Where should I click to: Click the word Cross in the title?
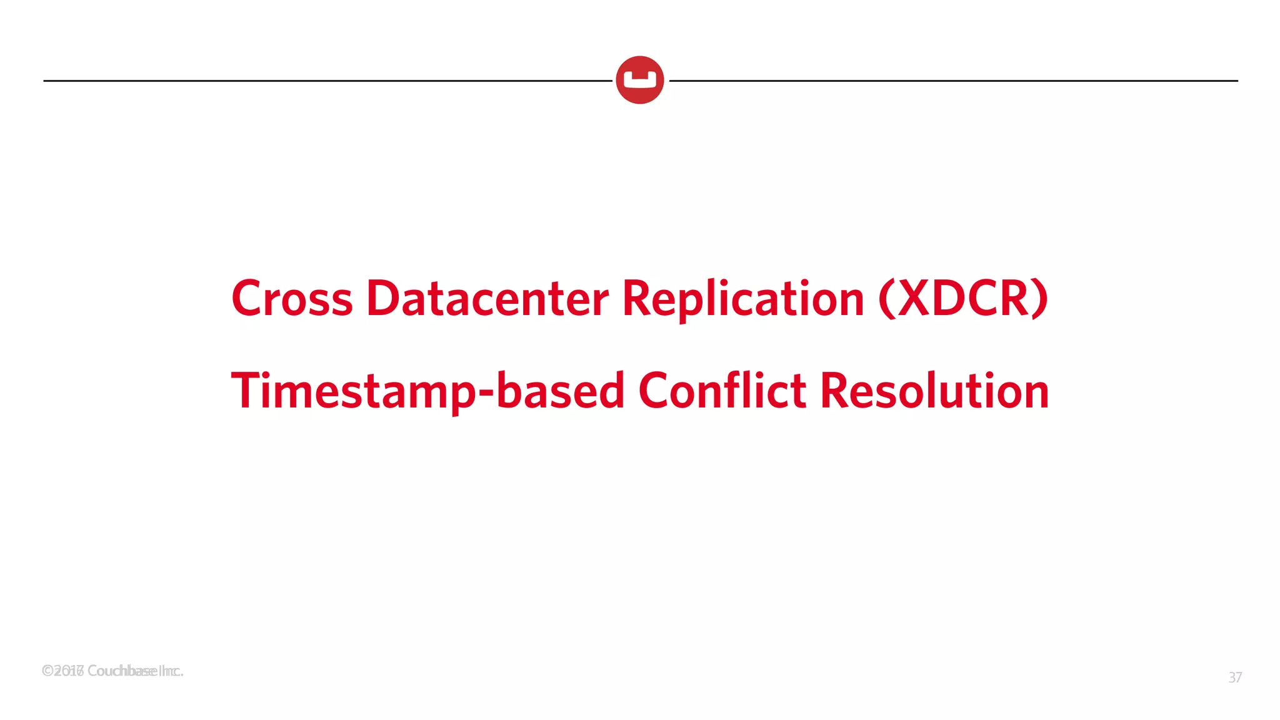[292, 298]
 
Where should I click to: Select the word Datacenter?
[487, 298]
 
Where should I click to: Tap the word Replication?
[743, 298]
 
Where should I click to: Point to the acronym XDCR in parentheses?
[963, 298]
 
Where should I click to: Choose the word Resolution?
[934, 391]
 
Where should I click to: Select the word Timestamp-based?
[428, 391]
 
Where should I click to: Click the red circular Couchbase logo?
[639, 80]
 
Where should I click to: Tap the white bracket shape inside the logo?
[639, 81]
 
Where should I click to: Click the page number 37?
[1235, 677]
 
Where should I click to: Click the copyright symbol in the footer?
[47, 671]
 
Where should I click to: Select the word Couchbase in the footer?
[122, 671]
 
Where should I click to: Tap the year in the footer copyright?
[69, 671]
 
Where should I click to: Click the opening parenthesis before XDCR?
[886, 299]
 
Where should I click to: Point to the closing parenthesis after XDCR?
[1040, 299]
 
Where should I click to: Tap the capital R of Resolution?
[834, 391]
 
